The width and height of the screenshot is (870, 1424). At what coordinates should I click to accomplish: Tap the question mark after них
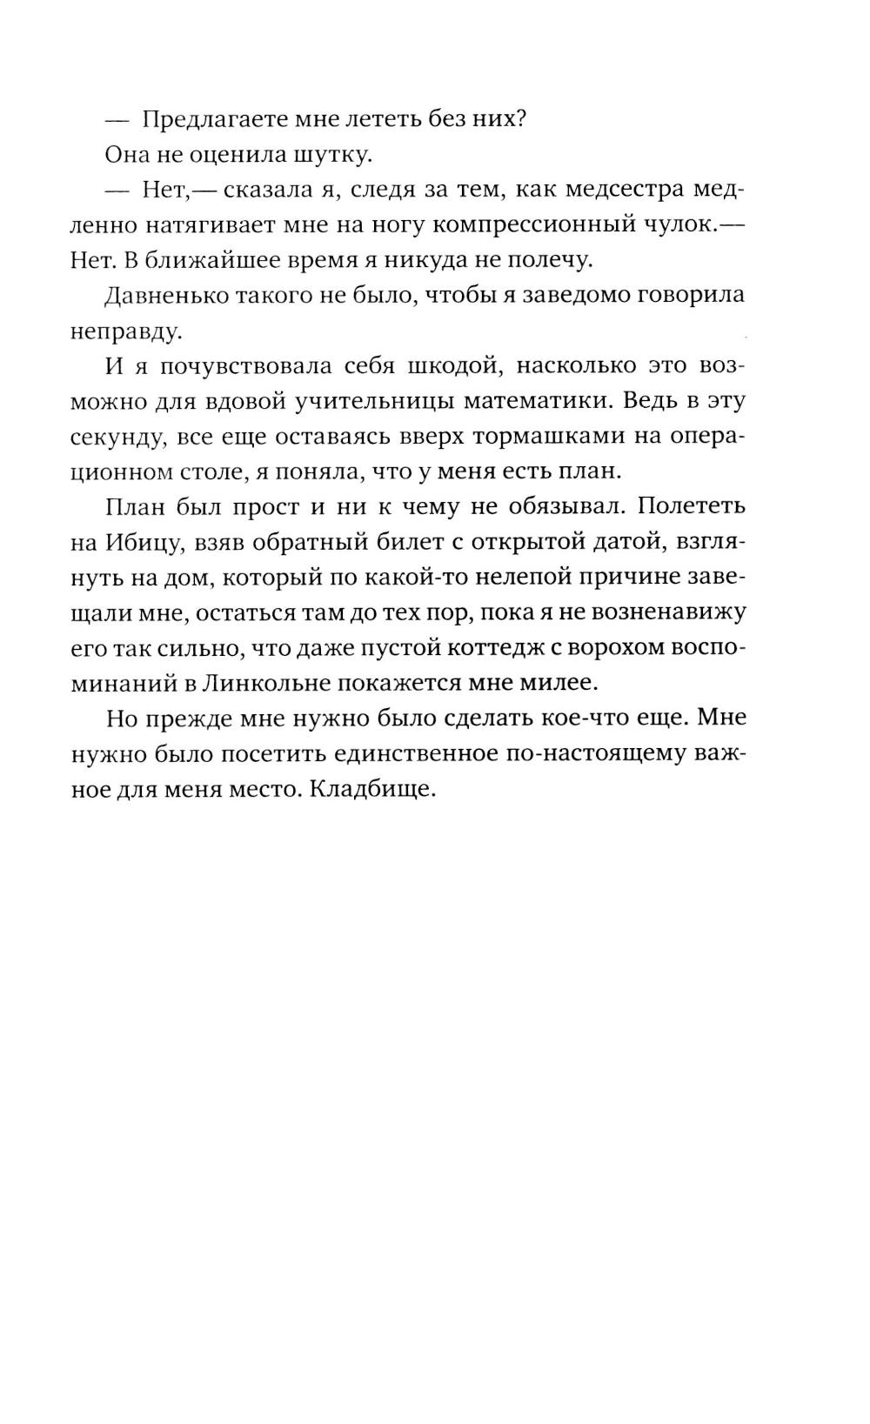[x=520, y=120]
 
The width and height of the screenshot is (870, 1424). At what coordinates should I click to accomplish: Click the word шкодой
[x=450, y=365]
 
